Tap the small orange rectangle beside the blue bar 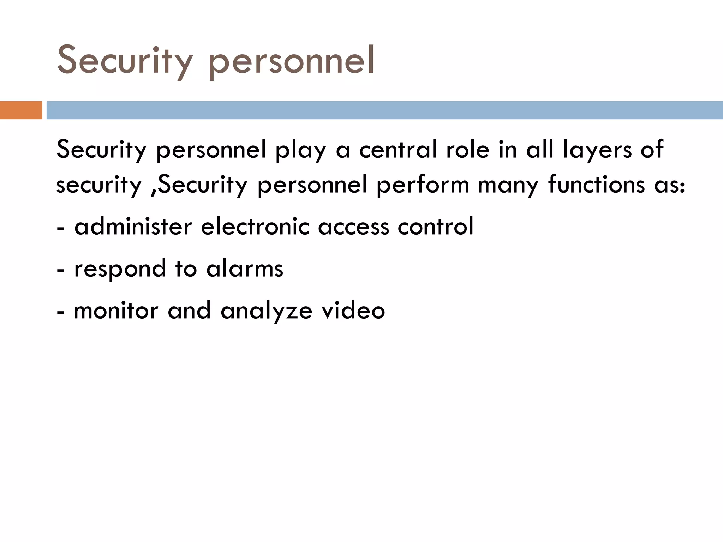(21, 110)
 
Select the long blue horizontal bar (384, 110)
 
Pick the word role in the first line (468, 149)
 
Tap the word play (300, 150)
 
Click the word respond (120, 269)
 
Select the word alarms (245, 269)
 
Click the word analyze (267, 312)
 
